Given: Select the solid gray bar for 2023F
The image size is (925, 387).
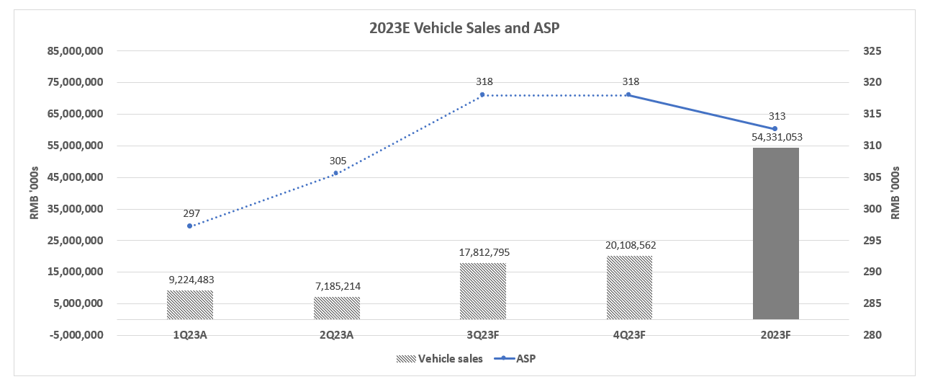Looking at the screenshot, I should click(x=775, y=233).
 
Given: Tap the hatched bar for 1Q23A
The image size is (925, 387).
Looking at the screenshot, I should click(x=190, y=305).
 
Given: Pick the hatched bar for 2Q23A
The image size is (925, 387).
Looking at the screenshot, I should click(x=336, y=308).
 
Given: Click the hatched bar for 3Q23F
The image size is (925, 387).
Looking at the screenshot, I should click(x=482, y=291).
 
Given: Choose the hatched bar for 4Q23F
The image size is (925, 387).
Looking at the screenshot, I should click(x=629, y=288).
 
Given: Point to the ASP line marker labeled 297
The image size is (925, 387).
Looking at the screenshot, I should click(x=190, y=226).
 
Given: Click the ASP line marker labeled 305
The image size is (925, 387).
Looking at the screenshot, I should click(x=336, y=173).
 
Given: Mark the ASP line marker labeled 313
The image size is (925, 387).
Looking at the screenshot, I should click(x=775, y=129).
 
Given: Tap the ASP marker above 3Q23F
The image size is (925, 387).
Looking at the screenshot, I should click(x=482, y=94).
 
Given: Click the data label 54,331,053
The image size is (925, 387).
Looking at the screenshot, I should click(x=775, y=136).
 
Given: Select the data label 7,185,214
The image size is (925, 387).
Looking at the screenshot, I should click(x=336, y=286).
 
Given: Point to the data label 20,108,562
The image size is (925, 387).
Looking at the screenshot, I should click(x=629, y=245).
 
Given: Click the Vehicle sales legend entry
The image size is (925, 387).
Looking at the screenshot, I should click(x=439, y=358).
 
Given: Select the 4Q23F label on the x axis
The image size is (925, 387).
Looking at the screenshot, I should click(x=629, y=335).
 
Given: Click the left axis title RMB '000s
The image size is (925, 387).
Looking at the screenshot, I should click(x=34, y=193).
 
